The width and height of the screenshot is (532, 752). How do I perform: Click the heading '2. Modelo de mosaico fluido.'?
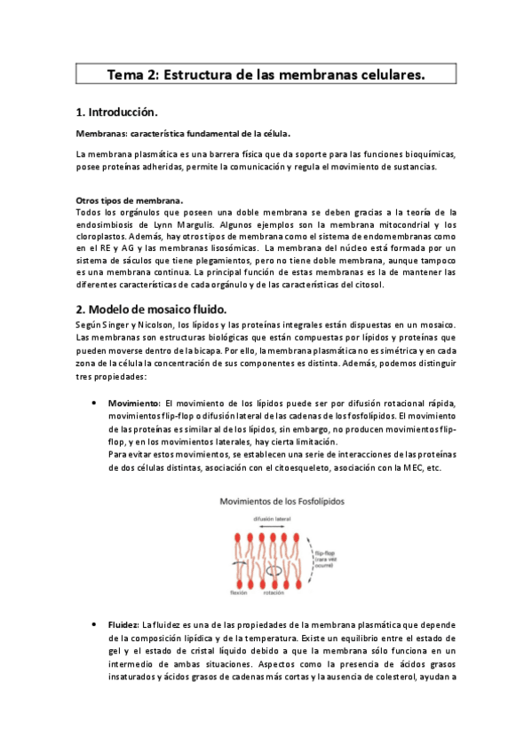point(151,309)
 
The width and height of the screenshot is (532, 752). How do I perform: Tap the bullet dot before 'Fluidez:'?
point(94,626)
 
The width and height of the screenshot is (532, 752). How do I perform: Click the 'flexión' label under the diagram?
point(237,593)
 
